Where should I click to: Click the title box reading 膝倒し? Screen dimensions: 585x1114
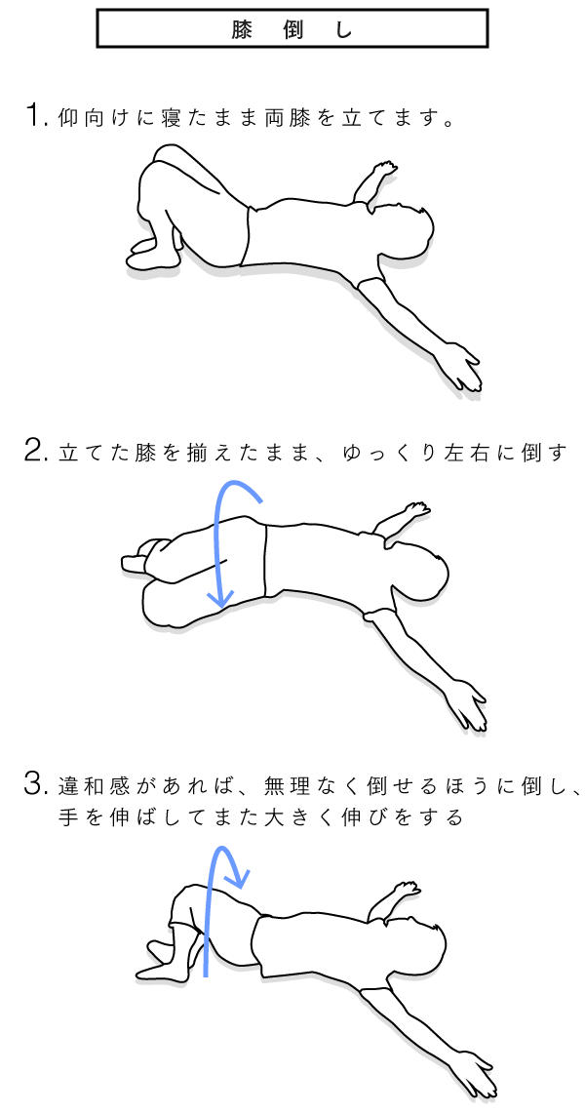click(x=292, y=27)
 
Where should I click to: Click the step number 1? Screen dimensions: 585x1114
click(x=33, y=115)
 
